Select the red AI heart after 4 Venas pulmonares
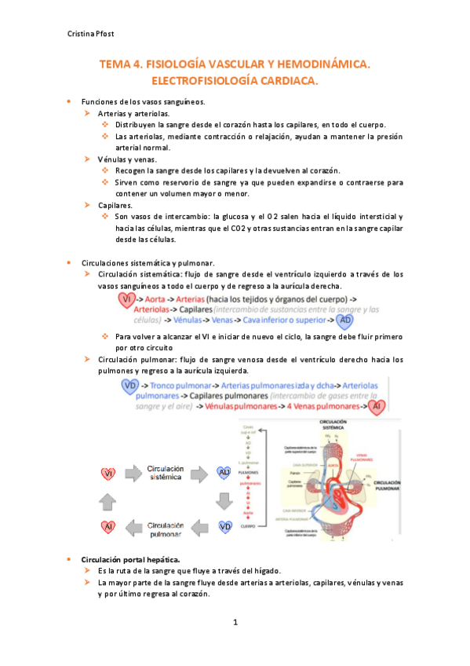377,406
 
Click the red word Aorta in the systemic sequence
160,301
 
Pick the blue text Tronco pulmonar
184,386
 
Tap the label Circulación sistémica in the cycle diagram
166,472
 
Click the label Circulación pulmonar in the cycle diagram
166,529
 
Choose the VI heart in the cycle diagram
109,473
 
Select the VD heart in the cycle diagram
225,526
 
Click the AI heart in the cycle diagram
109,526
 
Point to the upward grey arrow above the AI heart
109,499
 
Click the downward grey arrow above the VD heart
225,499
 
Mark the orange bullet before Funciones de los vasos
69,101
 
